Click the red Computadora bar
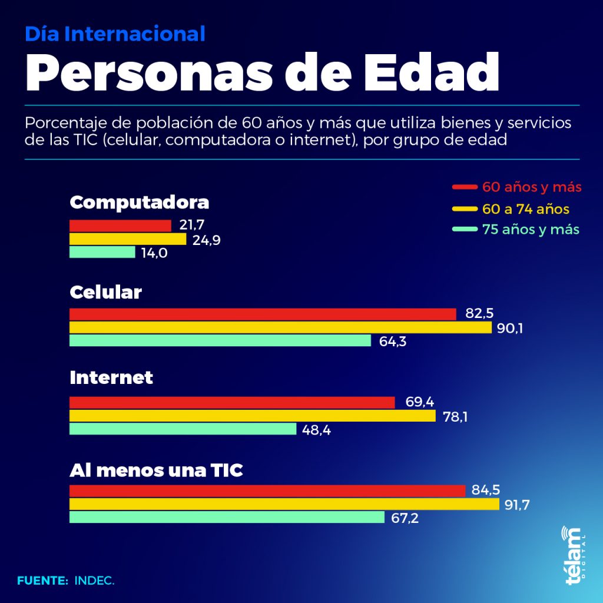coord(120,226)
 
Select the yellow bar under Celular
coord(280,327)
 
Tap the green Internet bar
coord(183,429)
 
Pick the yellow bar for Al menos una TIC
coord(284,504)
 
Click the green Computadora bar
coord(102,252)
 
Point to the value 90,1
coord(510,328)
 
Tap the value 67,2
coord(406,518)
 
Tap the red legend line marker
coord(464,187)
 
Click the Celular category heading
coord(105,292)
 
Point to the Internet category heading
coord(111,377)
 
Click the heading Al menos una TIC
coord(156,471)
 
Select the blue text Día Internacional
coord(115,34)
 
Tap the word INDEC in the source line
coord(94,581)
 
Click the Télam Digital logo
coord(572,555)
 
